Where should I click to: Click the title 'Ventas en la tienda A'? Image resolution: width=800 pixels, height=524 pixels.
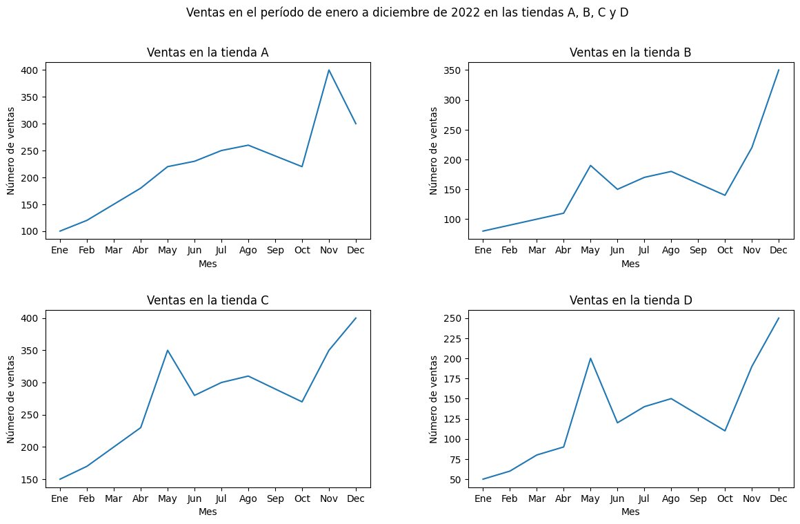208,52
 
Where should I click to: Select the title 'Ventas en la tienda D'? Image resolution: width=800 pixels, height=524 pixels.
630,300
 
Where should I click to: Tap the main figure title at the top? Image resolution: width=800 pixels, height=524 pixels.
407,12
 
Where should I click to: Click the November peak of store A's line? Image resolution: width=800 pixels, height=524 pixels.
329,70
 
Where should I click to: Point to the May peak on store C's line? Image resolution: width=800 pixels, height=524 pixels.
168,351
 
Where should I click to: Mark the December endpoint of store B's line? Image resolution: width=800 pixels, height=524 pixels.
779,70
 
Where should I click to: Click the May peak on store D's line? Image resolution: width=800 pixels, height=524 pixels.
590,359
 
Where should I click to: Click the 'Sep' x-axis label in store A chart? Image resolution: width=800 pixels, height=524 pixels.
275,251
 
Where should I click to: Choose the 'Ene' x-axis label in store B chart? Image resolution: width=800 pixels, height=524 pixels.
483,251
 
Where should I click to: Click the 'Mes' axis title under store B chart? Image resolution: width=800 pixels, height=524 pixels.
630,264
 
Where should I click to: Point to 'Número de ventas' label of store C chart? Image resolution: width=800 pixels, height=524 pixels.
11,399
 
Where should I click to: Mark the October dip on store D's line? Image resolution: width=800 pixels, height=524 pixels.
725,431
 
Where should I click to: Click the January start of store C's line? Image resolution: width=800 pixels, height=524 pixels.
60,479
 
